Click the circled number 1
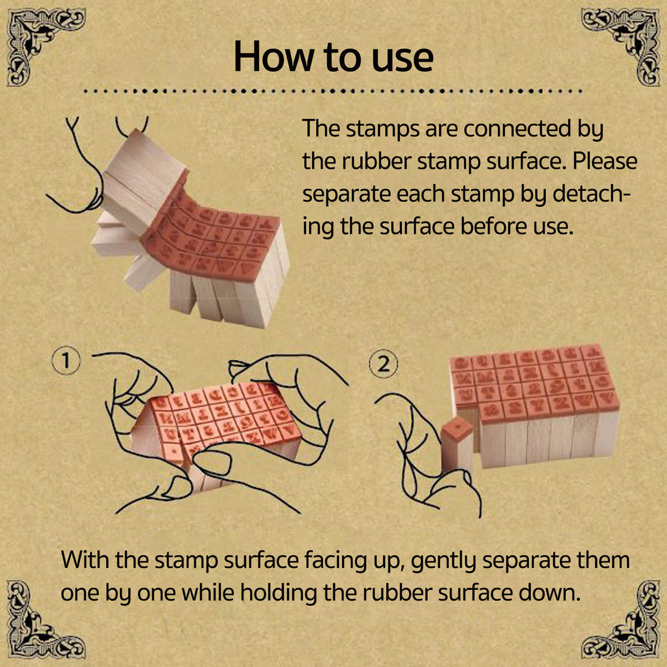point(66,361)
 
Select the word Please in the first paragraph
point(605,162)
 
